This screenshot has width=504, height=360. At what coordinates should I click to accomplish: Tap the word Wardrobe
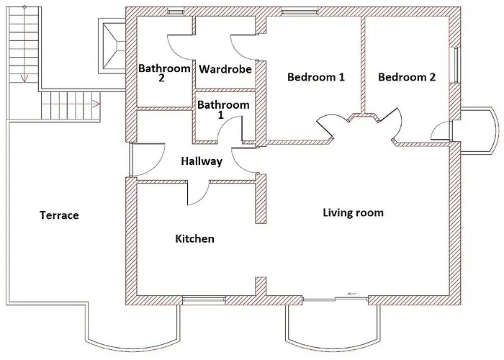225,70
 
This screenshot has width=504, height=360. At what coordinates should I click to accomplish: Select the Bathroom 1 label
223,109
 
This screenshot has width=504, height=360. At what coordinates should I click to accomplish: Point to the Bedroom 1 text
315,77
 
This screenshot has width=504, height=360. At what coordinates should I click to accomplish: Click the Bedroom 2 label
407,77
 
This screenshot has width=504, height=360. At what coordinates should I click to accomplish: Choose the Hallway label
202,161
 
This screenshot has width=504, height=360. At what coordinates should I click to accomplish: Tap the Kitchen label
194,238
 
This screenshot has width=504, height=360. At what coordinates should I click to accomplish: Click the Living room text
353,212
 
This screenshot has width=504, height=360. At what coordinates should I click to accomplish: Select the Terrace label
59,215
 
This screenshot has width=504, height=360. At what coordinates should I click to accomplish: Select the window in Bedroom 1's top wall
297,11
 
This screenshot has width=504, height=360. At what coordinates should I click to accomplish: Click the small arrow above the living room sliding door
353,293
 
